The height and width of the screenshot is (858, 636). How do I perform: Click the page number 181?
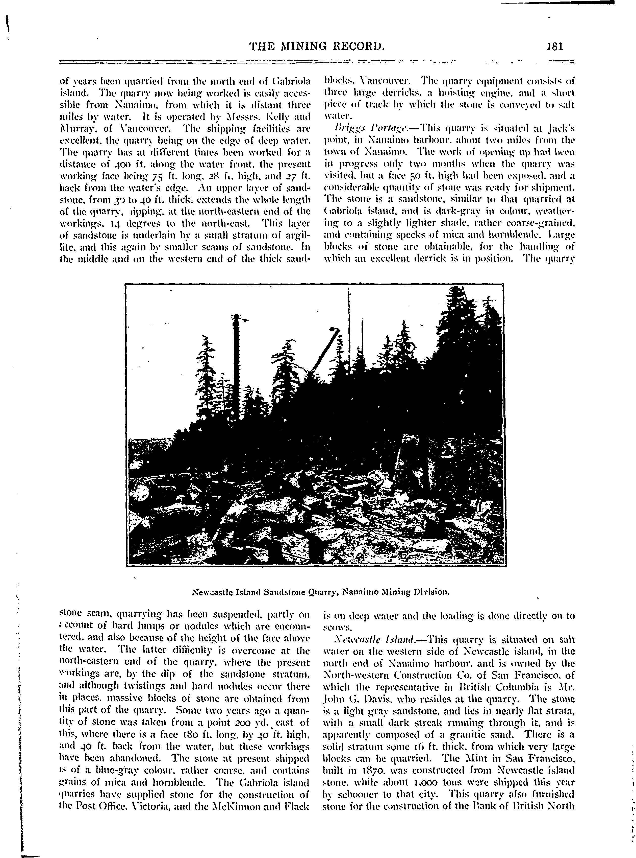pos(555,47)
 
